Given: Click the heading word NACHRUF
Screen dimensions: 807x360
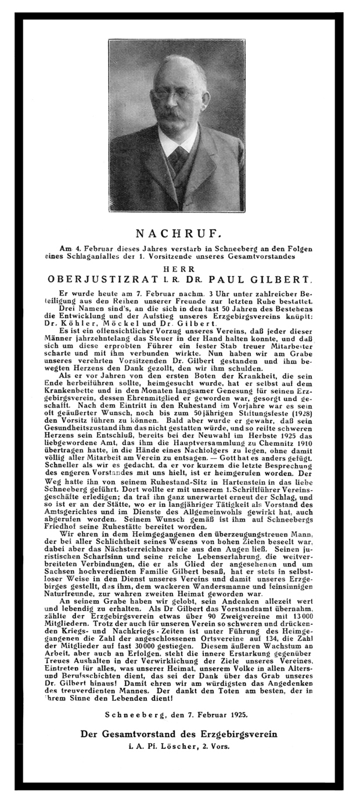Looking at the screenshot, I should click(x=179, y=234).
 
